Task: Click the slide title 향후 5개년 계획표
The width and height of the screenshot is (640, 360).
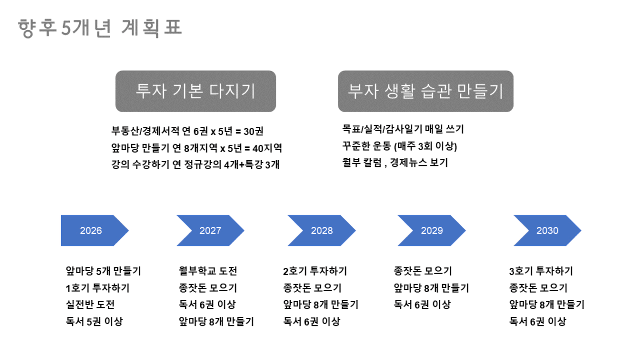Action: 99,28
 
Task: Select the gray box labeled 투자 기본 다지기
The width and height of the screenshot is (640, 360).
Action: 196,91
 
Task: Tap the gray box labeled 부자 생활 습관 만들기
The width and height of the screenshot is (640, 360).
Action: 426,91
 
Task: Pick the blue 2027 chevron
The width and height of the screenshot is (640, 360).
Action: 211,231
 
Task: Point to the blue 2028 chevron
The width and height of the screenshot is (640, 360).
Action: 322,231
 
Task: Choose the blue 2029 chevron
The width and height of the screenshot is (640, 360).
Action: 432,231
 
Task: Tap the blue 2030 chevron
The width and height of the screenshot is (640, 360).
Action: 547,231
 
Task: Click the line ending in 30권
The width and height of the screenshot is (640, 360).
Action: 187,131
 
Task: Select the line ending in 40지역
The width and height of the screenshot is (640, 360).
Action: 196,148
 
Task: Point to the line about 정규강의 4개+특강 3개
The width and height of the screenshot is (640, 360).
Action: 195,165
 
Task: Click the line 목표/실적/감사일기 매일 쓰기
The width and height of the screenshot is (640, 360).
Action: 403,129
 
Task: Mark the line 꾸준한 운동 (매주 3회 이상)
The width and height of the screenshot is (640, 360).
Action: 399,146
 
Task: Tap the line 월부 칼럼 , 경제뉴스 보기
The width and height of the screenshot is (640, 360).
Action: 395,163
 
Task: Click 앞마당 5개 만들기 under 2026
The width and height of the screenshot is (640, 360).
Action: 104,271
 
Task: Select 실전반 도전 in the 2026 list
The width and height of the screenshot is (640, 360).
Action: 91,305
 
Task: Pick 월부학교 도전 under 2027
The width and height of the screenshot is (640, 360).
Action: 208,271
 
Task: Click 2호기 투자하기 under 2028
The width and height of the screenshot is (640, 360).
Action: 315,271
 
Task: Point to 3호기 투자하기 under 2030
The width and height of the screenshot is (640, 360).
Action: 541,271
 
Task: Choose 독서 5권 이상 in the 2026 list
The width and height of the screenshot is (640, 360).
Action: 94,322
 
